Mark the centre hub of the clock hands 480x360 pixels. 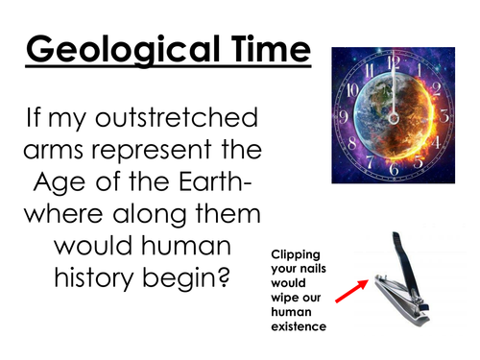(x=395, y=116)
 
